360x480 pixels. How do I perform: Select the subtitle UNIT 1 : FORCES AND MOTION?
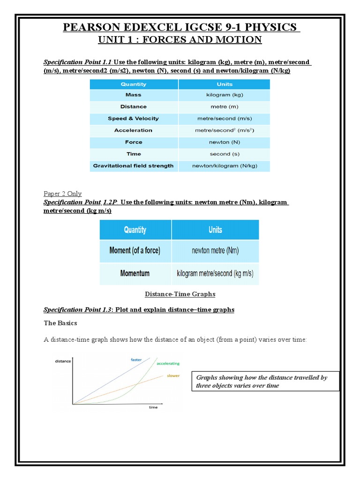pyautogui.click(x=180, y=40)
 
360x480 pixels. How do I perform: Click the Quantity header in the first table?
pyautogui.click(x=134, y=84)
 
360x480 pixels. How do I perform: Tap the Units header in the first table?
pyautogui.click(x=225, y=84)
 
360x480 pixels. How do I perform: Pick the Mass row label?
pyautogui.click(x=134, y=95)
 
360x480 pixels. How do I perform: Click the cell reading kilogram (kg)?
pyautogui.click(x=225, y=95)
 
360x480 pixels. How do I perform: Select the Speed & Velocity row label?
pyautogui.click(x=134, y=119)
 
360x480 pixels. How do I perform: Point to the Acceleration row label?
pyautogui.click(x=134, y=130)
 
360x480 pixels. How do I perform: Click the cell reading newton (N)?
pyautogui.click(x=225, y=142)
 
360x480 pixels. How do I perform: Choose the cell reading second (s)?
pyautogui.click(x=225, y=154)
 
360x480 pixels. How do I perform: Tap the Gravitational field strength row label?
pyautogui.click(x=134, y=165)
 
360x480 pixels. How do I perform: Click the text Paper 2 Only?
pyautogui.click(x=62, y=194)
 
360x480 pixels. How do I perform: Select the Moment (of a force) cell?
pyautogui.click(x=135, y=251)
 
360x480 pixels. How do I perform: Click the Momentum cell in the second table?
pyautogui.click(x=135, y=273)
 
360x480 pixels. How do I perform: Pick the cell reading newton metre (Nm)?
pyautogui.click(x=215, y=251)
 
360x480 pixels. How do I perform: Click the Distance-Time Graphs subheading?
pyautogui.click(x=180, y=294)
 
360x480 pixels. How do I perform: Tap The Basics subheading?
pyautogui.click(x=60, y=323)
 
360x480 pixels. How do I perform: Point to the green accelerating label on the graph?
pyautogui.click(x=168, y=364)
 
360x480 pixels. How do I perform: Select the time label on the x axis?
pyautogui.click(x=153, y=407)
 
